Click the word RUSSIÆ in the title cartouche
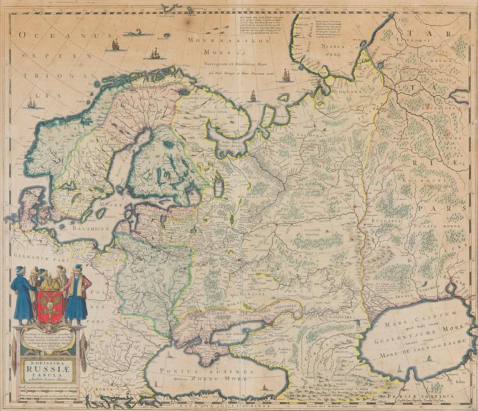pos(47,367)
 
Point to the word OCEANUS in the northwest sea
pos(44,37)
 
